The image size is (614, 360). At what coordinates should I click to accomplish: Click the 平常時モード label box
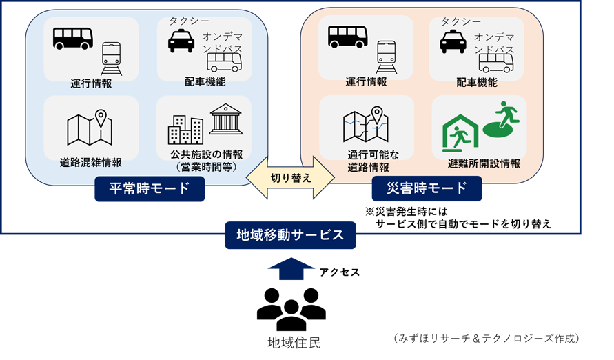(x=150, y=188)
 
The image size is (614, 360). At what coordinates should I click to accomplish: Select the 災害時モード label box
(x=427, y=188)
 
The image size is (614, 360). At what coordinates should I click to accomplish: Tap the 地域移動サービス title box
(x=290, y=235)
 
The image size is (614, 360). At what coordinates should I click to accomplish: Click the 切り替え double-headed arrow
(x=290, y=177)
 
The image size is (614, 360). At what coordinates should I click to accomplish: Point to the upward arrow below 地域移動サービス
(x=291, y=269)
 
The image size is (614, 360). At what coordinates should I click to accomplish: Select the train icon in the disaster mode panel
(x=387, y=57)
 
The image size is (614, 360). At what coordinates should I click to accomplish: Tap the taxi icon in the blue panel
(x=181, y=41)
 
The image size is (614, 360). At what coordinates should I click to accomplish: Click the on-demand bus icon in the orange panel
(x=496, y=63)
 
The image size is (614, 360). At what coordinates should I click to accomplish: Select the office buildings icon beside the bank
(x=185, y=130)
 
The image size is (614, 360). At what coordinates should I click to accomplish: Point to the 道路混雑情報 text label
(x=91, y=163)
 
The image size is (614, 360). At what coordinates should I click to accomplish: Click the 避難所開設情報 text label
(x=483, y=163)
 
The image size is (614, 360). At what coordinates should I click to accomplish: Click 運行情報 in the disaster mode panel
(x=366, y=82)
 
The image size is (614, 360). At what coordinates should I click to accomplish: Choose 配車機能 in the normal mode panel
(x=205, y=82)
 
